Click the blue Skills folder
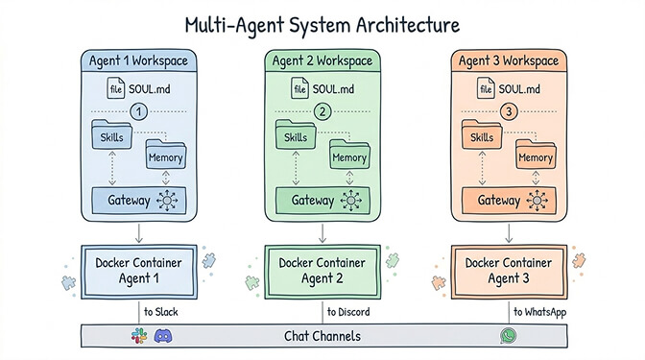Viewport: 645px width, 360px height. point(114,136)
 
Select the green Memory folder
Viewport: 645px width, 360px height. point(349,156)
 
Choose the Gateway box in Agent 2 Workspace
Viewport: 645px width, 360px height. point(323,202)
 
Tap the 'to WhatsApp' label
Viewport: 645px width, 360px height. point(541,312)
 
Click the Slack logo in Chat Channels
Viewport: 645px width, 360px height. point(137,336)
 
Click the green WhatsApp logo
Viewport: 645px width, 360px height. point(508,336)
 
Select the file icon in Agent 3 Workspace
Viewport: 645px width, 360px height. point(486,90)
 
